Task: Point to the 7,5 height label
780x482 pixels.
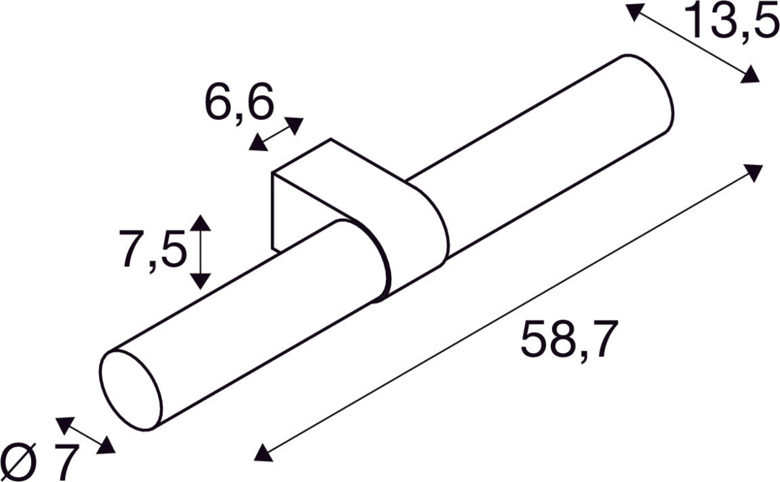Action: point(153,249)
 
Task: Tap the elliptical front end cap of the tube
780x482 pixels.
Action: point(132,390)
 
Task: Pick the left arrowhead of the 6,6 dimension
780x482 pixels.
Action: point(258,142)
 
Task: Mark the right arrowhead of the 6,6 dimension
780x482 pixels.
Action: point(294,124)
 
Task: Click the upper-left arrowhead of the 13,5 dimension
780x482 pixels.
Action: point(634,12)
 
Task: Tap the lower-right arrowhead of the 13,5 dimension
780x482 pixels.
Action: point(750,75)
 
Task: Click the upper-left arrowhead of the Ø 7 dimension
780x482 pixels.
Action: point(64,424)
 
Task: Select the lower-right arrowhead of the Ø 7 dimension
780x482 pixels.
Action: point(106,446)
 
